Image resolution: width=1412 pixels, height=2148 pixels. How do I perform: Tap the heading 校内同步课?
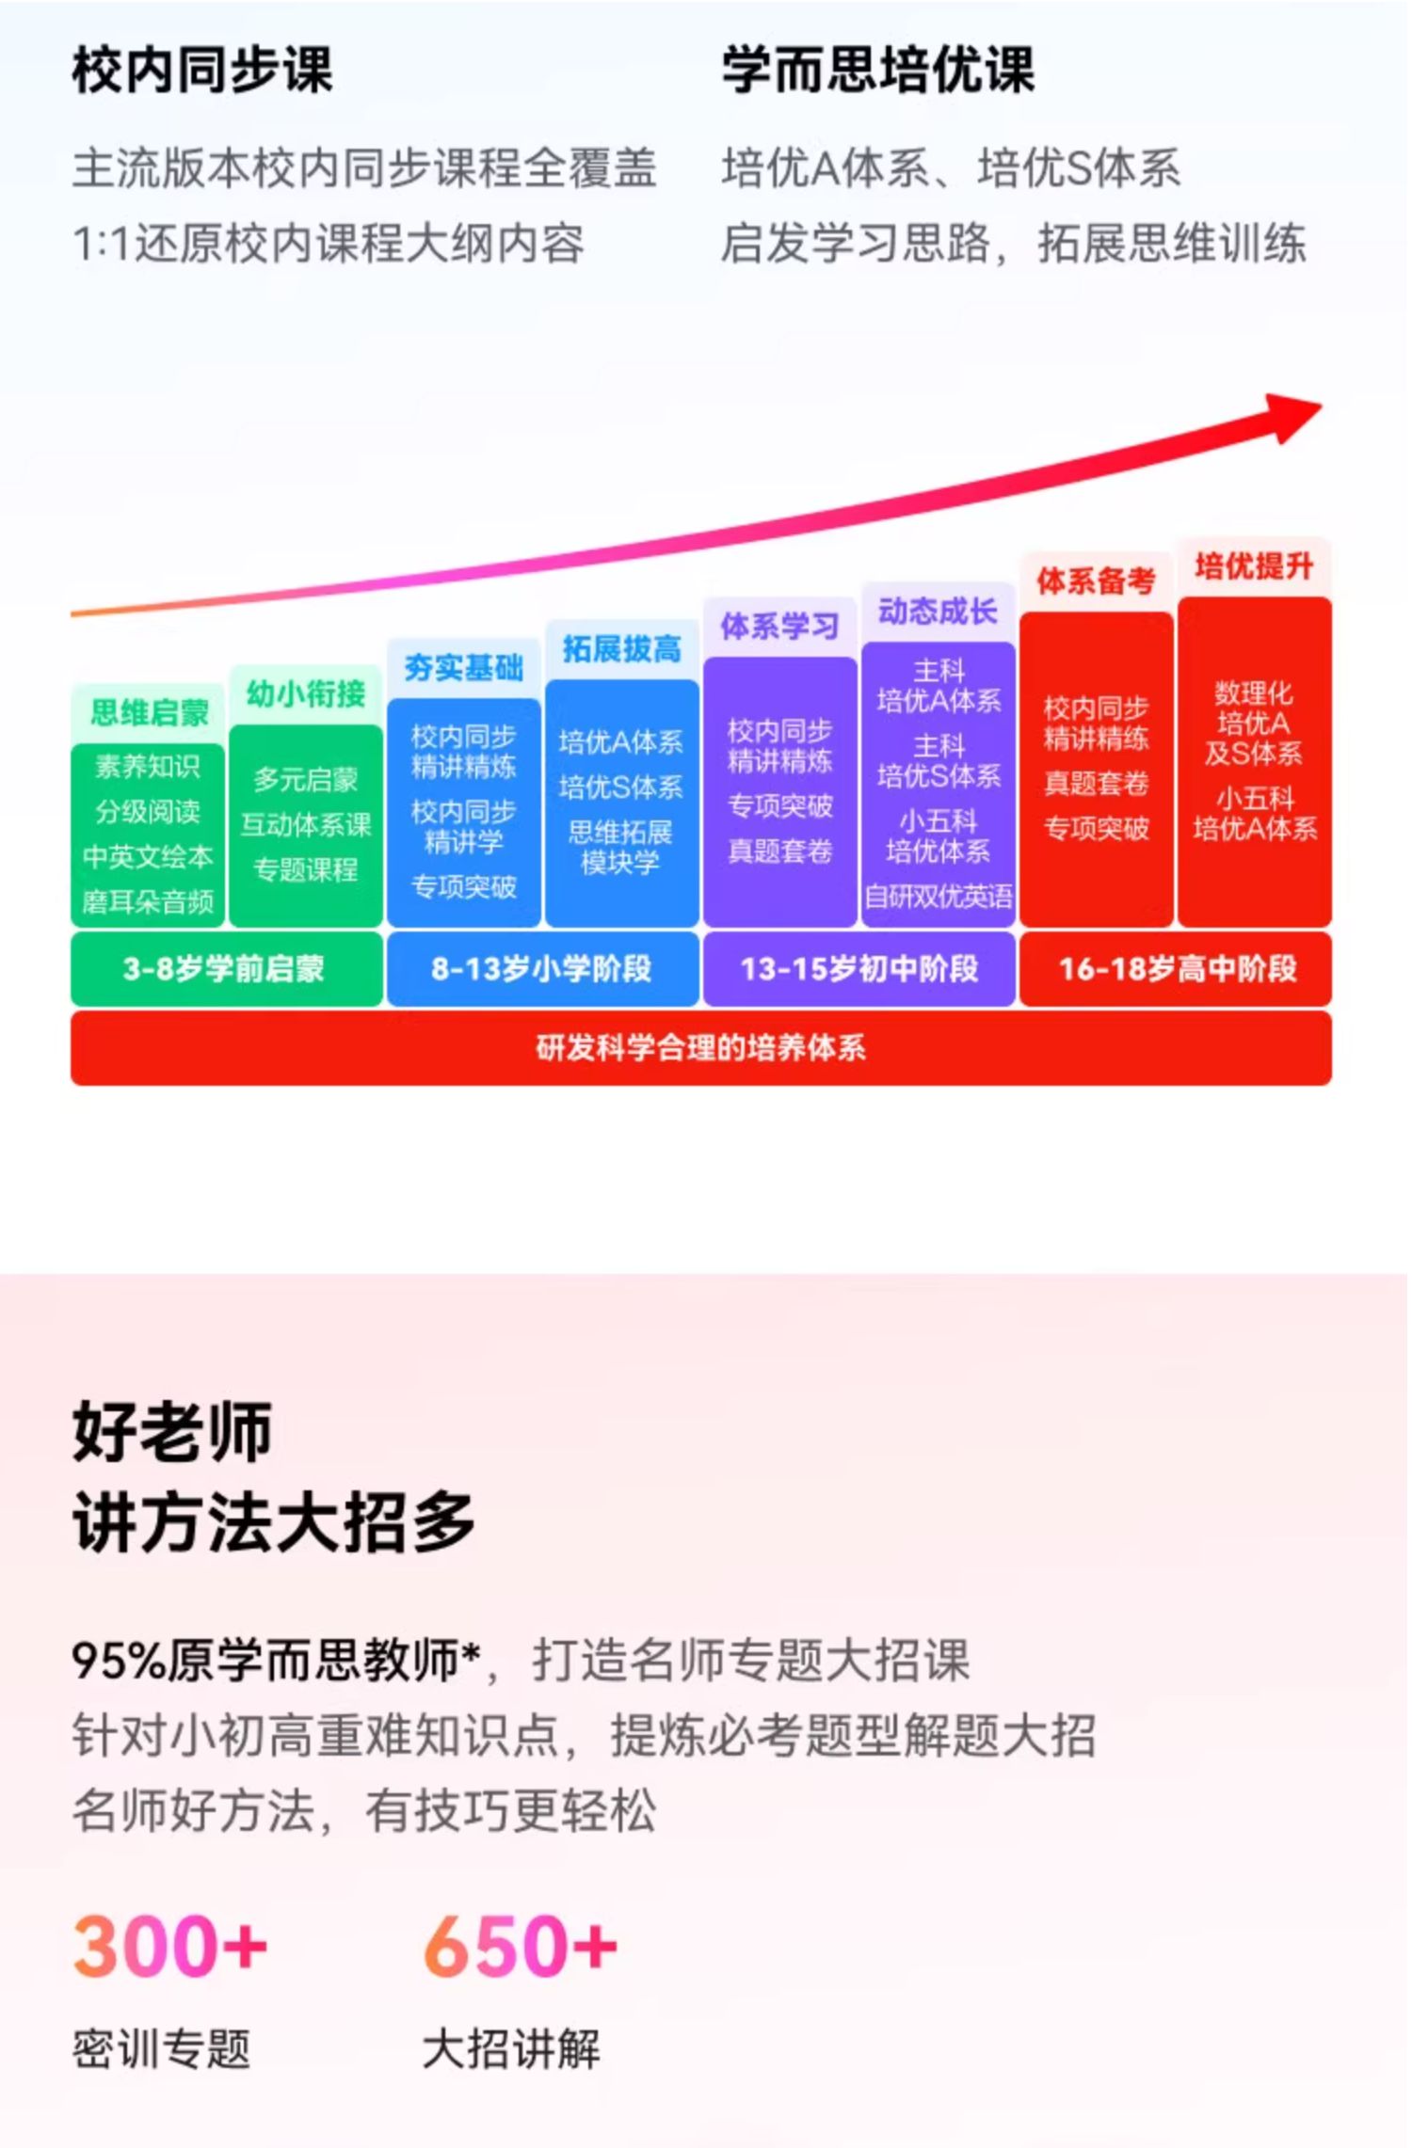tap(202, 71)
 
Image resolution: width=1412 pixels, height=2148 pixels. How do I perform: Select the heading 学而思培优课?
tap(877, 71)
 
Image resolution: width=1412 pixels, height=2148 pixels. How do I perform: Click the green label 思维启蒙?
tap(149, 712)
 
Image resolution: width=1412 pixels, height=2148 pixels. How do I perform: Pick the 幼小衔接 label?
tap(306, 694)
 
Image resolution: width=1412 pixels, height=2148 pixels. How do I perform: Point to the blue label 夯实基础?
tap(463, 667)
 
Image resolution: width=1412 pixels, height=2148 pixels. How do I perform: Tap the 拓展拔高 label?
tap(621, 648)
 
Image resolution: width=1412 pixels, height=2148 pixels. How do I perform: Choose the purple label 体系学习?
tap(779, 626)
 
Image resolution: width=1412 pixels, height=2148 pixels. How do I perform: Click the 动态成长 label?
tap(938, 612)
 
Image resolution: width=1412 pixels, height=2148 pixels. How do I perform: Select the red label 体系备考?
tap(1096, 581)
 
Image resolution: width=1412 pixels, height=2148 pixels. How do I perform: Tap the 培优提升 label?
tap(1254, 565)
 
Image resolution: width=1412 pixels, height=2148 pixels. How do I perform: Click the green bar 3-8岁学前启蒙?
tap(226, 968)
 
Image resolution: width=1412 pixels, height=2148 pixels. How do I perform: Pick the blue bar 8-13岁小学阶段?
tap(542, 968)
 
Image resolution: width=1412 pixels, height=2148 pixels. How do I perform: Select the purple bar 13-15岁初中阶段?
tap(858, 968)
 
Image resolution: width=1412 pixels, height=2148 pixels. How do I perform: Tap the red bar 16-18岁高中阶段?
tap(1177, 968)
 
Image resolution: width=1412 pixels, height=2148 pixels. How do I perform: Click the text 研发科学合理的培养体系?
tap(700, 1047)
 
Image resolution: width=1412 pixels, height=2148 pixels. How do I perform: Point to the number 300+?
tap(170, 1945)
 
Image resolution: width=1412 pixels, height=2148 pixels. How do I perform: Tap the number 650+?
tap(521, 1945)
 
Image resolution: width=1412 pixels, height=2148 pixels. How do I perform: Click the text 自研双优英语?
tap(939, 897)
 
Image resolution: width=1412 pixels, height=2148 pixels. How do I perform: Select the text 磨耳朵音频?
tap(148, 902)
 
